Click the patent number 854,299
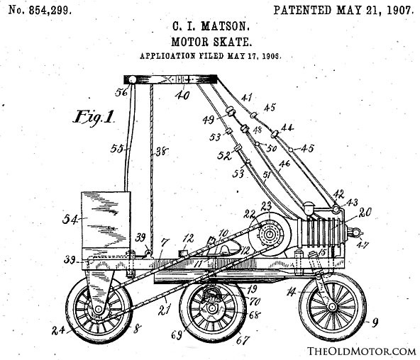click(x=50, y=10)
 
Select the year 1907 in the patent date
click(x=399, y=10)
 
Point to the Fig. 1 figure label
click(x=94, y=117)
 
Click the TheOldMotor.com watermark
click(x=361, y=351)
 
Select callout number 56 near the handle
click(x=121, y=92)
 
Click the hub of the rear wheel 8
click(x=99, y=310)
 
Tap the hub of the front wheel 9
click(x=333, y=307)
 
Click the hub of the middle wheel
click(x=212, y=309)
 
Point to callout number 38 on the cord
click(x=162, y=152)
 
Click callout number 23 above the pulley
click(x=266, y=206)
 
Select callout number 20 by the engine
click(x=365, y=213)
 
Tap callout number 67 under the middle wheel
click(x=243, y=340)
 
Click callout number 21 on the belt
click(x=164, y=310)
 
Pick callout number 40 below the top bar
click(x=182, y=95)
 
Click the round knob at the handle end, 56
click(x=133, y=79)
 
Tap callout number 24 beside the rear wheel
click(x=58, y=330)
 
